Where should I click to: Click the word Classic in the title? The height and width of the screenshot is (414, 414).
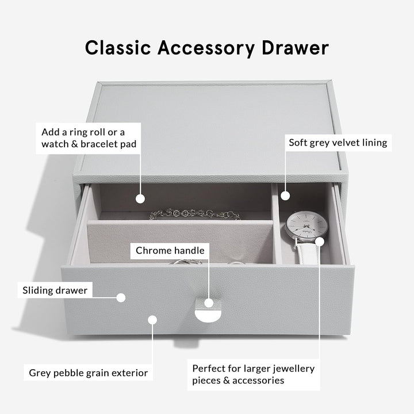click(x=118, y=48)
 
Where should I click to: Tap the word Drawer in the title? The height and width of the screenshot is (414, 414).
click(x=295, y=48)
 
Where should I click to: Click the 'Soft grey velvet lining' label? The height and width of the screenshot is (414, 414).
click(x=338, y=143)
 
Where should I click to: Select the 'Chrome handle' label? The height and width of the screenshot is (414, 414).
click(x=170, y=250)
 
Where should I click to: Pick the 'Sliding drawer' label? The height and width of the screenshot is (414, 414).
click(x=55, y=290)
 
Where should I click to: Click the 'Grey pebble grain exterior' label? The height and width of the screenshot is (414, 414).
click(x=88, y=373)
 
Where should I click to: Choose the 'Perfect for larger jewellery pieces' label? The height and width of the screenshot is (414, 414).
click(x=254, y=374)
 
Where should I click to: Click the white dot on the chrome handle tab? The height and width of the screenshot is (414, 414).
click(x=209, y=303)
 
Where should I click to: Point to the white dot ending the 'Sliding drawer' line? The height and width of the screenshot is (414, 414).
click(x=121, y=298)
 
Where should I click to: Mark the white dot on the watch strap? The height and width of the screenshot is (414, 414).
click(x=320, y=241)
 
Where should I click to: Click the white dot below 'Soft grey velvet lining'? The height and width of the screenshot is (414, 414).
click(x=285, y=195)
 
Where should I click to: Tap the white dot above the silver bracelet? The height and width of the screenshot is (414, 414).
click(x=140, y=199)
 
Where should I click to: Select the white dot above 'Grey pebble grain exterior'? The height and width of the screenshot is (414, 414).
click(x=152, y=320)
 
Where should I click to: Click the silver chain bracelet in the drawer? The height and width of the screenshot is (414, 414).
click(x=194, y=214)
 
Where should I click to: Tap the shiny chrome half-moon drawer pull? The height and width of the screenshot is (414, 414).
click(x=208, y=316)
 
